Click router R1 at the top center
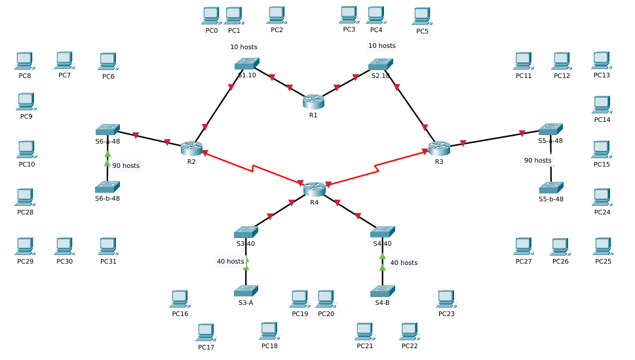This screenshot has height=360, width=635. [x=313, y=102]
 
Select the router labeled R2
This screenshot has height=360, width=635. [x=191, y=148]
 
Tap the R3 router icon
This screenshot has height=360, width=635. [x=439, y=148]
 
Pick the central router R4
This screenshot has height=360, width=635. [x=315, y=189]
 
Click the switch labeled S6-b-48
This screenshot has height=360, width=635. [x=107, y=187]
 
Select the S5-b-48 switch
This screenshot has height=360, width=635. [x=551, y=188]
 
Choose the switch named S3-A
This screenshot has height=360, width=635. [x=246, y=290]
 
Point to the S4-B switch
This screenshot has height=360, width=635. [x=382, y=290]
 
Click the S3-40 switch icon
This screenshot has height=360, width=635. [x=246, y=232]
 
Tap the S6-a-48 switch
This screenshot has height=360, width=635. [x=107, y=129]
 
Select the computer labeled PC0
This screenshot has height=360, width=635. [x=210, y=16]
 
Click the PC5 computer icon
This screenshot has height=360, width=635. [x=421, y=16]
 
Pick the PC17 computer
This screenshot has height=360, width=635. [x=206, y=332]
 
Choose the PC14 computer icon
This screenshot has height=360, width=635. [x=602, y=105]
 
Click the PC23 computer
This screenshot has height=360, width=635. [x=446, y=299]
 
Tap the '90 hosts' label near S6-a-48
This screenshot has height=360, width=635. [x=125, y=166]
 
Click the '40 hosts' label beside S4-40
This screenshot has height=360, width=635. [x=403, y=262]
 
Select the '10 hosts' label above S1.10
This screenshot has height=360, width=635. [x=243, y=47]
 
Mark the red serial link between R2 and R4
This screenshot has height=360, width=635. [x=252, y=168]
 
